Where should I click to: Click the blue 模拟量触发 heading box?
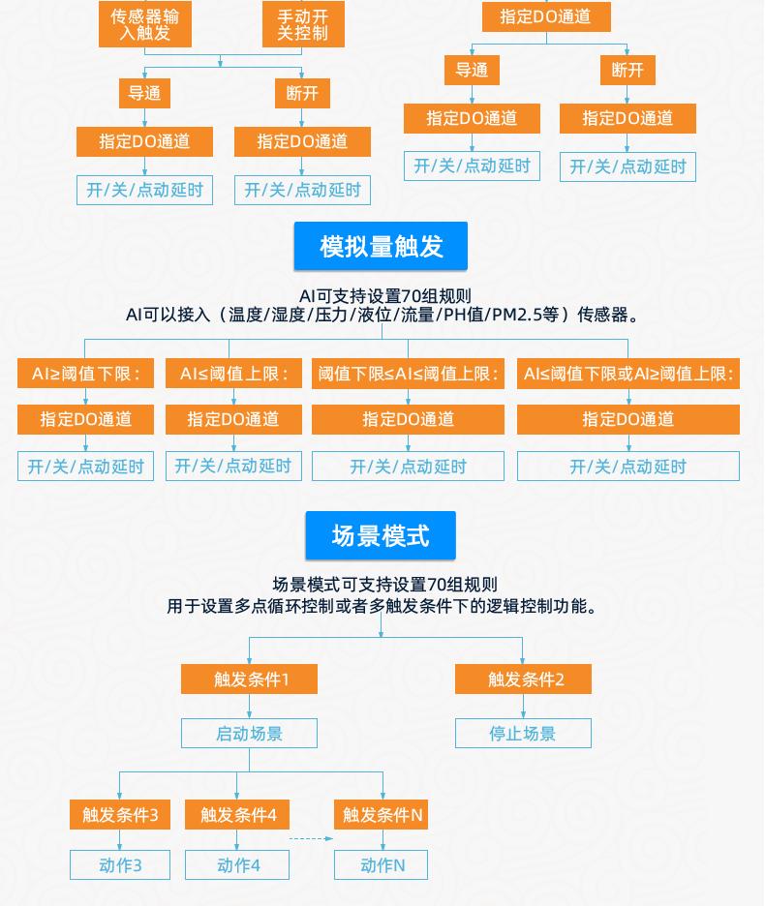381,246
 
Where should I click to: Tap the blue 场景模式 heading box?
381,535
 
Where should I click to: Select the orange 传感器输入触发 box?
145,23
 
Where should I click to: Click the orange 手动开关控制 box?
303,23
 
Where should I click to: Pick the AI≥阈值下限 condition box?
85,374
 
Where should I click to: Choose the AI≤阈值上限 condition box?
233,374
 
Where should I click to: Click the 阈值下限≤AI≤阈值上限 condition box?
409,374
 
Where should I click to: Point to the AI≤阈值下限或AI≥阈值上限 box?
628,374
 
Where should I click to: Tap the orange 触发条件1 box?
249,679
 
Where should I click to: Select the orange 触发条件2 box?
523,679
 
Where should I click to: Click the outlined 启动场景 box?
249,734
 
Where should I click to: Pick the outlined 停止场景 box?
523,734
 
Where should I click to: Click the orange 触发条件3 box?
120,815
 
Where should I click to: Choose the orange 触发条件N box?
382,815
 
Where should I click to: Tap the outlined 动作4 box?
237,865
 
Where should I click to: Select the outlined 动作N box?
382,865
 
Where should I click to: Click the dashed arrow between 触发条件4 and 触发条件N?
311,838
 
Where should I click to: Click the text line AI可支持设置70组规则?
385,296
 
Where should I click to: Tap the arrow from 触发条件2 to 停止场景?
523,706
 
